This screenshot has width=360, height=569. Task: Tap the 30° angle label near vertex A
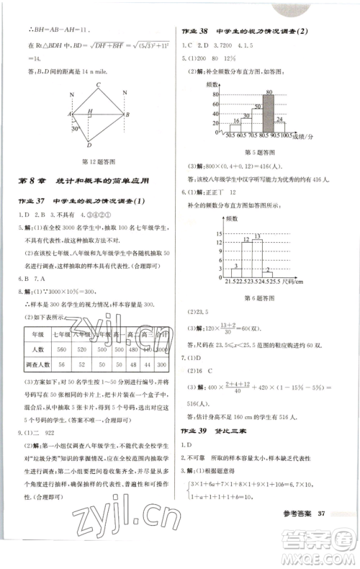click(74, 130)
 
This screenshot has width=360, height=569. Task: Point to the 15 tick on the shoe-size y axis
click(215, 233)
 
